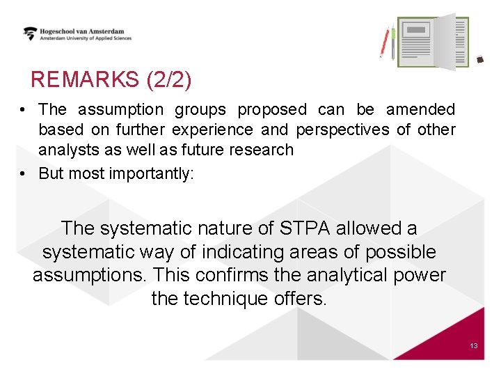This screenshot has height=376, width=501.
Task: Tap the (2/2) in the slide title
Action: pos(168,80)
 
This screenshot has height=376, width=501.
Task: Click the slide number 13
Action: pos(473,345)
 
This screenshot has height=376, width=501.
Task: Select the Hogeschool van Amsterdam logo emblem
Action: pos(30,33)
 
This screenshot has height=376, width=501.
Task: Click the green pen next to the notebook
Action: pos(392,43)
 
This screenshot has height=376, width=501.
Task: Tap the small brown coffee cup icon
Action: pos(479,61)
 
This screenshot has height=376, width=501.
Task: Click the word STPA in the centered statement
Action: pos(307,228)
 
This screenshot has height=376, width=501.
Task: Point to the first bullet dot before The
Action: pos(24,110)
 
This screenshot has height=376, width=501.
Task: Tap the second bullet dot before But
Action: pos(24,173)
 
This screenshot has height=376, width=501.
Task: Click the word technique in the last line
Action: pos(221,299)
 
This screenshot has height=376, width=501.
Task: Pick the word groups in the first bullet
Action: pos(200,110)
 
